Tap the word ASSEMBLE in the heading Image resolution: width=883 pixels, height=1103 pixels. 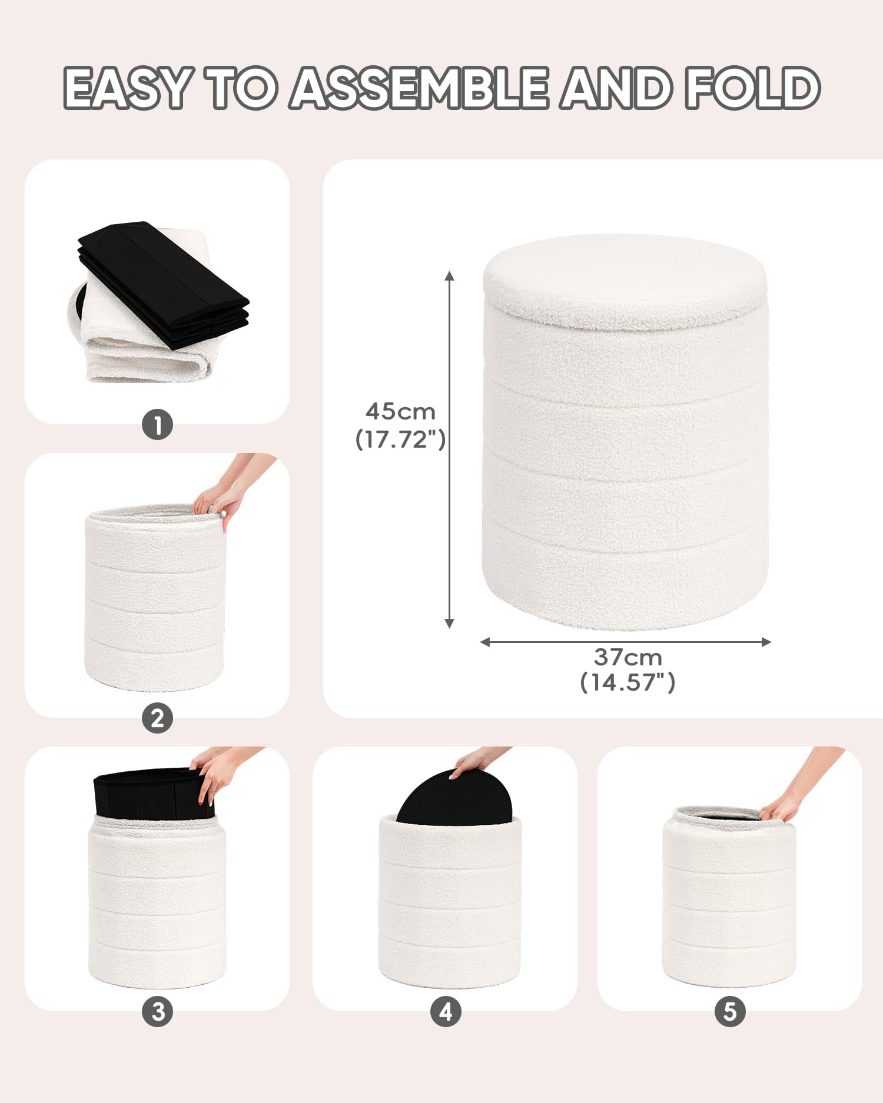[420, 88]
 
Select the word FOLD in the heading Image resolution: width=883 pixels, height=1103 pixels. [753, 88]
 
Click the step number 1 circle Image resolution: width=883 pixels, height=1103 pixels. [157, 424]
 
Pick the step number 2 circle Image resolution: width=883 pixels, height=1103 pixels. [157, 718]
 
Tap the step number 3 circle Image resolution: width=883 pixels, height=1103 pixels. [158, 1012]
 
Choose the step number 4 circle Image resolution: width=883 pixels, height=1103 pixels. [446, 1012]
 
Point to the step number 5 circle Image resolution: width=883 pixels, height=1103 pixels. [730, 1012]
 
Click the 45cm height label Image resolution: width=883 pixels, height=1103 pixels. [400, 411]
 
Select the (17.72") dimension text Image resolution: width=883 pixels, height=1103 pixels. [400, 439]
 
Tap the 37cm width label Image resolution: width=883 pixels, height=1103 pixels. [628, 657]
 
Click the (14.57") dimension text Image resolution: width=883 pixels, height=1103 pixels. [628, 682]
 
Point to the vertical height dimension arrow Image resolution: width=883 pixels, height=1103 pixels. [450, 449]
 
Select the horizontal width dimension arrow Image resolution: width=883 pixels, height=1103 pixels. [626, 642]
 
